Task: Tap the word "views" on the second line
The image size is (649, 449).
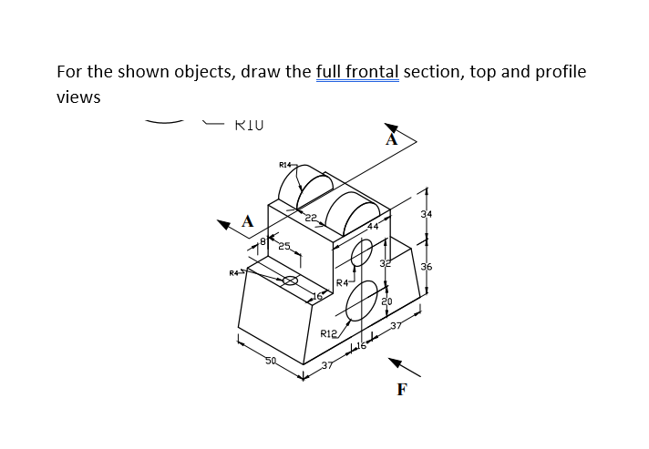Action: [x=78, y=97]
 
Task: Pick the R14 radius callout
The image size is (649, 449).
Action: [x=285, y=165]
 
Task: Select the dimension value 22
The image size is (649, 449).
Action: [x=310, y=215]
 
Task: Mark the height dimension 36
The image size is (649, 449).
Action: [x=427, y=267]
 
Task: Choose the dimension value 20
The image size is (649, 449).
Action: [x=386, y=302]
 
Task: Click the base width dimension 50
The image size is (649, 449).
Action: [x=270, y=362]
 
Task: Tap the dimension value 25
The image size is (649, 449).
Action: [x=283, y=247]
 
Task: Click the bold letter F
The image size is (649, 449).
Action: [x=401, y=390]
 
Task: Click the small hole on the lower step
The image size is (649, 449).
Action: [x=289, y=281]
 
